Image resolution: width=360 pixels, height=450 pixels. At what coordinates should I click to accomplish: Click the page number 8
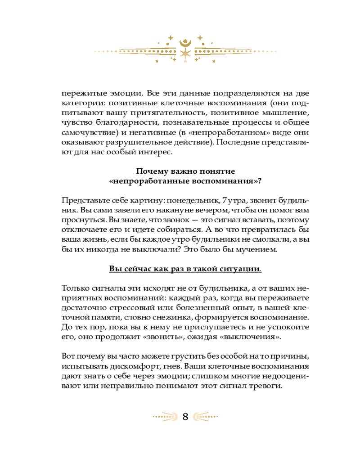click(x=185, y=416)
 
